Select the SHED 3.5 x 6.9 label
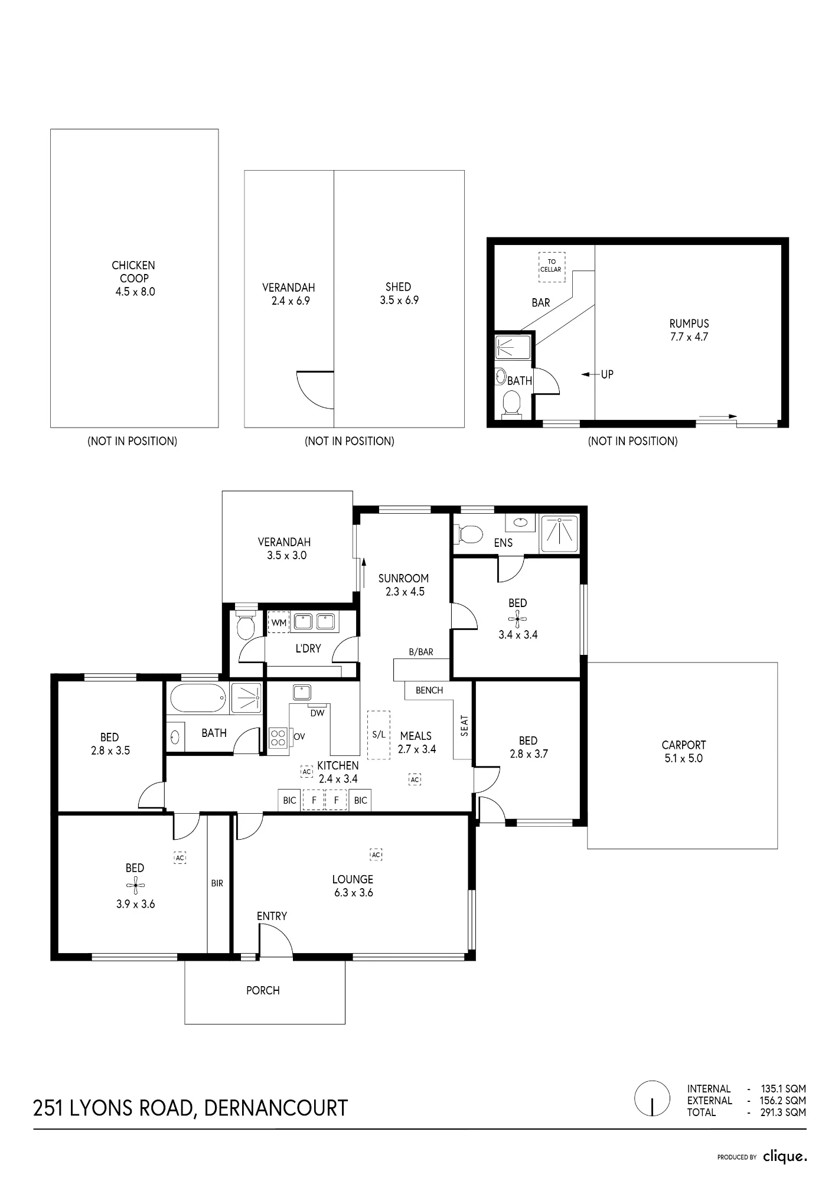399,293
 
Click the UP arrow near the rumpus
590,374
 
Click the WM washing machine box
279,622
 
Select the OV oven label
299,737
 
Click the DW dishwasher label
318,713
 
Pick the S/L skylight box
379,735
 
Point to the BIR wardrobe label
217,883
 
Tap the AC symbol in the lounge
376,854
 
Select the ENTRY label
272,916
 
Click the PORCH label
263,990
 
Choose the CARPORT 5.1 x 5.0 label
684,752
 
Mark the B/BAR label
421,652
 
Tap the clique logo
785,1156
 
